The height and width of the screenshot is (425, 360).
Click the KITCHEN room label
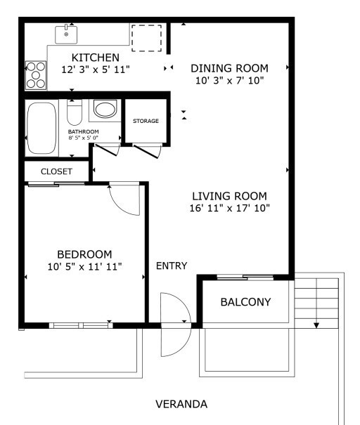pyautogui.click(x=95, y=57)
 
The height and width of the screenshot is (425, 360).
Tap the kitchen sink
pyautogui.click(x=67, y=34)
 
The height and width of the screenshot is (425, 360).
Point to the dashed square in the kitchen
pyautogui.click(x=146, y=38)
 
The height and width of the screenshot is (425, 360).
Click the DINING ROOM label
pyautogui.click(x=229, y=68)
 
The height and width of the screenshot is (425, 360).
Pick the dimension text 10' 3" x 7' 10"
pyautogui.click(x=229, y=81)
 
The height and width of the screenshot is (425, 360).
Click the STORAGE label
pyautogui.click(x=146, y=121)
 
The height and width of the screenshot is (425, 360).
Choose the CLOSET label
pyautogui.click(x=56, y=171)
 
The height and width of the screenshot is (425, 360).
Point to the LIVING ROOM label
pyautogui.click(x=229, y=196)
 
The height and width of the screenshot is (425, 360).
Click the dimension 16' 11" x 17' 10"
pyautogui.click(x=229, y=209)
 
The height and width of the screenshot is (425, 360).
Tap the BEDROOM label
pyautogui.click(x=84, y=254)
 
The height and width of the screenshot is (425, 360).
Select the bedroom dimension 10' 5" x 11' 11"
pyautogui.click(x=84, y=266)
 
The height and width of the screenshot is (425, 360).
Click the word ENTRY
pyautogui.click(x=172, y=266)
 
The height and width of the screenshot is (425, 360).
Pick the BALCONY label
pyautogui.click(x=245, y=303)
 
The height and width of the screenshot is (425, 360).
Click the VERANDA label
pyautogui.click(x=181, y=405)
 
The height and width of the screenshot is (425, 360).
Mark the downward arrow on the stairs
pyautogui.click(x=316, y=325)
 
